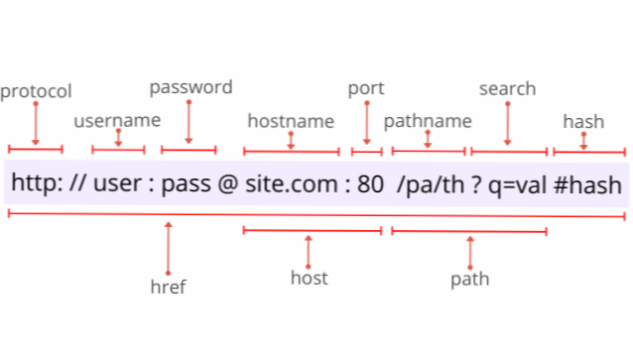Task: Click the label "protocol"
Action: point(36,92)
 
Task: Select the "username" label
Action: point(117,121)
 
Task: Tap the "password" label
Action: point(190,87)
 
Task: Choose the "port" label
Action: point(366,88)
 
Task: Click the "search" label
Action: point(507,88)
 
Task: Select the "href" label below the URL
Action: point(169,287)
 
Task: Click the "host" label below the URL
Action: point(309,277)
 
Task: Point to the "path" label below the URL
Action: point(469,279)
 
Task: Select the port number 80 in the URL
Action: point(366,184)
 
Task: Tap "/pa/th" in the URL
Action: point(428,184)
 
